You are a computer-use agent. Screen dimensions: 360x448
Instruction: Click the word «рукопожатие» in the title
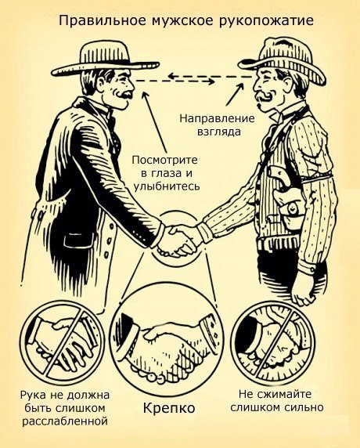[x=266, y=22]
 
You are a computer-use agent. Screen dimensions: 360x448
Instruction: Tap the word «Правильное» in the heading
[x=101, y=22]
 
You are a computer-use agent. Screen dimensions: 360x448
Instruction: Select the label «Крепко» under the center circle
[x=169, y=408]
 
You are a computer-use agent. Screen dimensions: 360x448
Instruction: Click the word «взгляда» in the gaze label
[x=218, y=132]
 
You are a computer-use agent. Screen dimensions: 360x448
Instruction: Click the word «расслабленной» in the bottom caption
[x=66, y=421]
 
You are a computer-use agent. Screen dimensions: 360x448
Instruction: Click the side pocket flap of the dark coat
[x=79, y=240]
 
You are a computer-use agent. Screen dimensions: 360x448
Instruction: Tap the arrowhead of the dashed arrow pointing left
[x=171, y=76]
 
